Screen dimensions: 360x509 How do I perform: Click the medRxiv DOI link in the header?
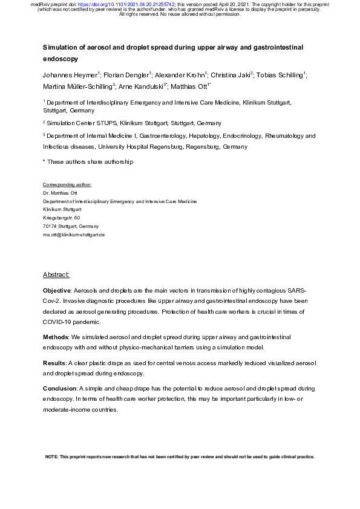109,4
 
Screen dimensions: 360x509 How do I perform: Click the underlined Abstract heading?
56,274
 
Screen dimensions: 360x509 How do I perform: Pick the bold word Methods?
55,336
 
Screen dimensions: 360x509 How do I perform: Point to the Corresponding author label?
67,184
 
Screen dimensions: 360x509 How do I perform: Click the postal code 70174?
50,225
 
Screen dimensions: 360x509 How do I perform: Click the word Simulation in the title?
60,47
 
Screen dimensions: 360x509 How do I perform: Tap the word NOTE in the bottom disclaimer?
52,456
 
